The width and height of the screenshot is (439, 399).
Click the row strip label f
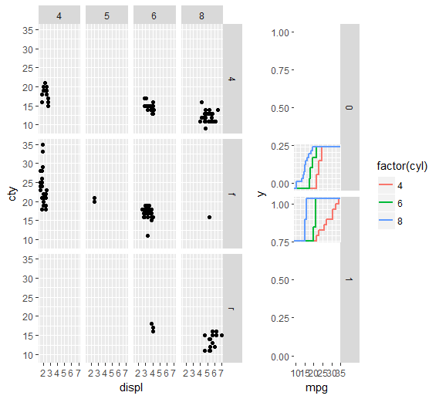pyautogui.click(x=232, y=194)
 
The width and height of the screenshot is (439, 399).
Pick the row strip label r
pyautogui.click(x=232, y=308)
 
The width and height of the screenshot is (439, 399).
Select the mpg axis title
pyautogui.click(x=317, y=387)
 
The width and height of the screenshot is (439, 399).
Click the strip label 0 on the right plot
pyautogui.click(x=349, y=107)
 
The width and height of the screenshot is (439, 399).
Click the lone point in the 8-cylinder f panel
pyautogui.click(x=209, y=217)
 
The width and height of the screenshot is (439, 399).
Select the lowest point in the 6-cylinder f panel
pyautogui.click(x=147, y=235)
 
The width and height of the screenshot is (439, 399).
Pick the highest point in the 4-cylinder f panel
pyautogui.click(x=43, y=144)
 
